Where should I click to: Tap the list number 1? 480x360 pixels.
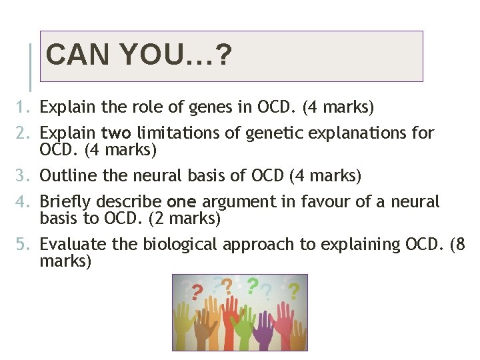[x=23, y=107]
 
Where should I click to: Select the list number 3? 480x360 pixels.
[x=23, y=176]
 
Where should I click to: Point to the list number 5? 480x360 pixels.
[x=23, y=245]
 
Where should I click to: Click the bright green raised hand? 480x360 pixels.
[x=244, y=327]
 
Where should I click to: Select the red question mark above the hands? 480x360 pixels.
[x=197, y=292]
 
